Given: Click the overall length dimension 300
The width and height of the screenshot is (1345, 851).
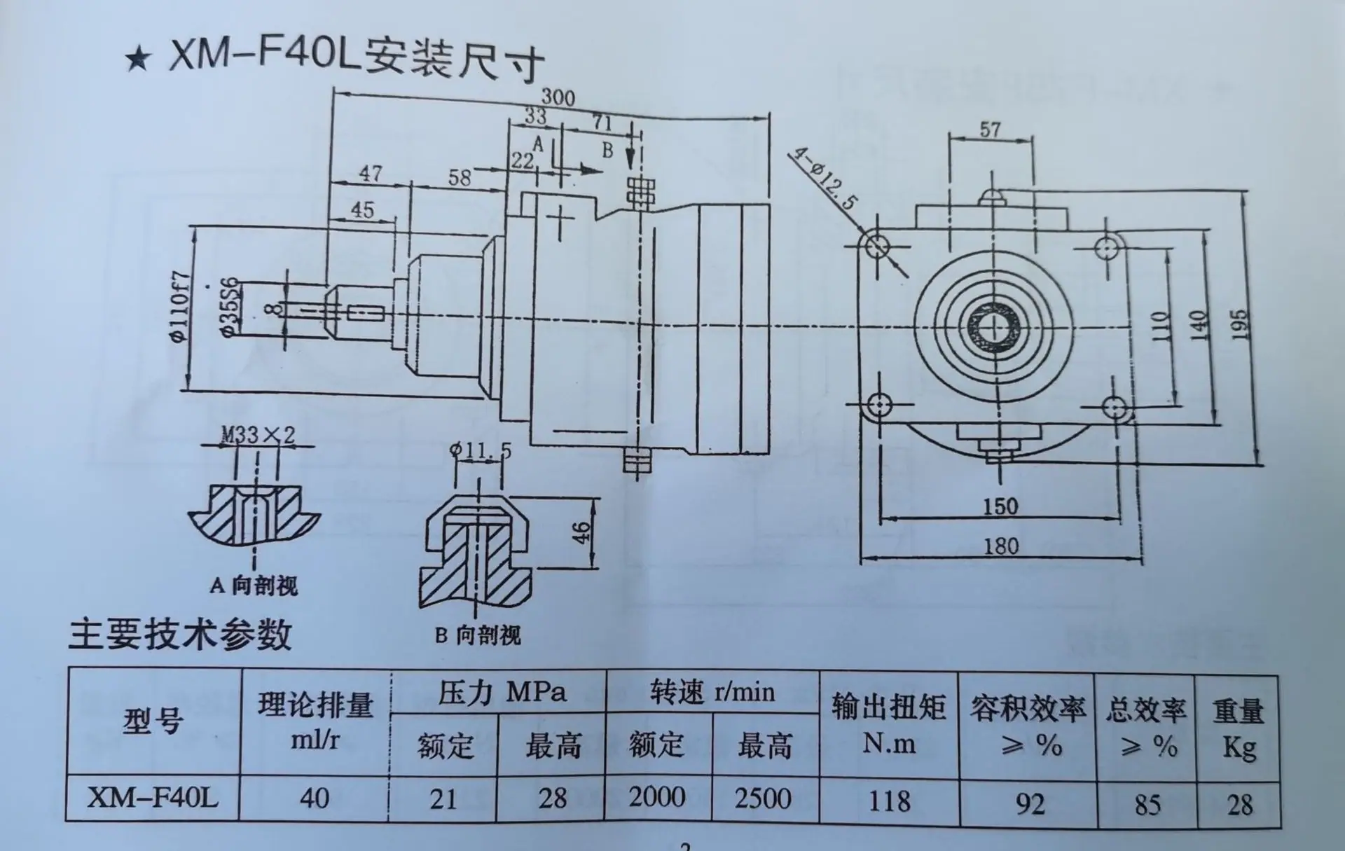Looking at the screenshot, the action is tap(558, 97).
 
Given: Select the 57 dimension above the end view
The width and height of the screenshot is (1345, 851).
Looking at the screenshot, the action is tap(990, 130).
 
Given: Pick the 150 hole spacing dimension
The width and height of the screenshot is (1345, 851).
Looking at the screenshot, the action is tap(1000, 506).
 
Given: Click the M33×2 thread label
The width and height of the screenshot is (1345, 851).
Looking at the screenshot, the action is tap(258, 435).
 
